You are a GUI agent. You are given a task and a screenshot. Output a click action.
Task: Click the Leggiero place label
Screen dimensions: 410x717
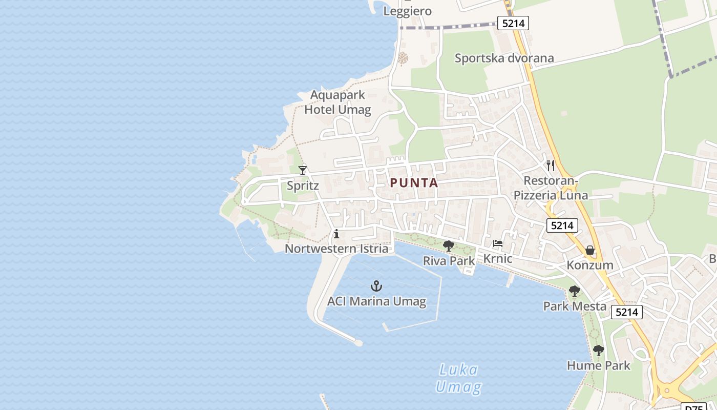coord(408,11)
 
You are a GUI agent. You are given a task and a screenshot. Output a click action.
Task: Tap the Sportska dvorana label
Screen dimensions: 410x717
coord(504,58)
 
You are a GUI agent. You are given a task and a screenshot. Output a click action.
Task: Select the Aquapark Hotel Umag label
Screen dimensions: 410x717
coord(338,102)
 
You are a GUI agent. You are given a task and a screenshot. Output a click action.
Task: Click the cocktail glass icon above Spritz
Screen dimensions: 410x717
coord(303,170)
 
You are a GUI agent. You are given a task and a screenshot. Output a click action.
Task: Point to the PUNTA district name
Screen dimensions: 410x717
coord(414,183)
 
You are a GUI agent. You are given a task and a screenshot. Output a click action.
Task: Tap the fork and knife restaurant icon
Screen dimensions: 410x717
coord(551,165)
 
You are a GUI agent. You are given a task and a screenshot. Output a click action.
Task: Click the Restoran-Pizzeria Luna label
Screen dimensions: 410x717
coord(551,188)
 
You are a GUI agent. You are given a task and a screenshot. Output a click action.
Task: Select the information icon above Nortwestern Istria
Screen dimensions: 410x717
coord(336,234)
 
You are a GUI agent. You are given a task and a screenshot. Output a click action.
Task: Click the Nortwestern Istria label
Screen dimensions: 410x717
coord(336,249)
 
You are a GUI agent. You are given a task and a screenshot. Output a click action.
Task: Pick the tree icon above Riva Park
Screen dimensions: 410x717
coord(449,246)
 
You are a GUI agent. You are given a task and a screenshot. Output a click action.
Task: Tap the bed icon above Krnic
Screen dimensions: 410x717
coord(498,244)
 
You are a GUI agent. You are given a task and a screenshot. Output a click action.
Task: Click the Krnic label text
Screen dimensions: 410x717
coord(498,258)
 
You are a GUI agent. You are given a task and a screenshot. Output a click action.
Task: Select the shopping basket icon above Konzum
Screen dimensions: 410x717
coord(590,251)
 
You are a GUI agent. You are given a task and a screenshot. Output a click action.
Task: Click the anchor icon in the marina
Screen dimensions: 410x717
coord(376,286)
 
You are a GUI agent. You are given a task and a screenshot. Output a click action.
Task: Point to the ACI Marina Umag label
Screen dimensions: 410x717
coord(376,301)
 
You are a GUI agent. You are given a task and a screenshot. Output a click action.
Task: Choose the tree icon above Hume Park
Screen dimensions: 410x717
coord(598,351)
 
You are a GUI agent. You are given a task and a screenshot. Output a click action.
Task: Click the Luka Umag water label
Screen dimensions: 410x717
coord(458,378)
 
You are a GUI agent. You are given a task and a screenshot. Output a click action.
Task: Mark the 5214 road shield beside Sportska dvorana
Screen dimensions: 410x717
coord(513,23)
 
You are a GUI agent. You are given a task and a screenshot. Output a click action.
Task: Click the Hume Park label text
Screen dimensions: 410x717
coord(598,365)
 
